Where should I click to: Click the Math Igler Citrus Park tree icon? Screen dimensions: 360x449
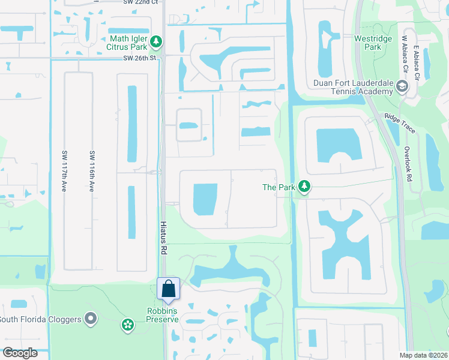(156, 41)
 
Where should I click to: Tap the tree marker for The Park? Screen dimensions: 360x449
(305, 187)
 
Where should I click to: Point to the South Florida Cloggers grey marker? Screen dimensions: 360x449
(91, 319)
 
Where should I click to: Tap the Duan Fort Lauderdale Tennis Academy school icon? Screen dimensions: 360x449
(402, 88)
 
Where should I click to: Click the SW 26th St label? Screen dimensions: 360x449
(139, 58)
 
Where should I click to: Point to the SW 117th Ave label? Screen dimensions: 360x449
(64, 170)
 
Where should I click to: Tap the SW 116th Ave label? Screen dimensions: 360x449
(92, 170)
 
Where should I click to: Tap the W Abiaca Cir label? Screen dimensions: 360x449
(405, 54)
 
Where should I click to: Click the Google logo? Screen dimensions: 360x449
(20, 353)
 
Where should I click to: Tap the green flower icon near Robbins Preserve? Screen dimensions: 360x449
(127, 325)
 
